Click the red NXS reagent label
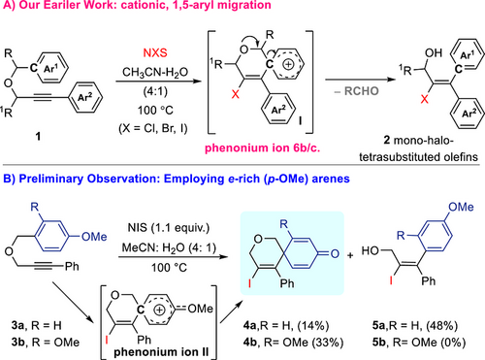click(x=155, y=52)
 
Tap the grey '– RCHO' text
click(x=357, y=91)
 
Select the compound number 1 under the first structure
click(x=38, y=137)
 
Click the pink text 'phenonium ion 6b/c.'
click(x=263, y=147)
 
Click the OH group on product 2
click(x=434, y=52)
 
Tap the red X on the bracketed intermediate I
click(x=236, y=94)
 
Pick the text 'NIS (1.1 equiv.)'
click(x=169, y=228)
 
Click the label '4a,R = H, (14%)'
click(x=286, y=325)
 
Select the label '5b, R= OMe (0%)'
click(x=419, y=343)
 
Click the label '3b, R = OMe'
click(x=46, y=343)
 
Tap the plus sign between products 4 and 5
click(x=350, y=255)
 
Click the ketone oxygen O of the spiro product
click(x=335, y=253)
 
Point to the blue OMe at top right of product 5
click(x=461, y=207)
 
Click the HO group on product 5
click(x=370, y=250)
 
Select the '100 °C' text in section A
click(x=155, y=111)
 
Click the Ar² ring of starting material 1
click(x=84, y=97)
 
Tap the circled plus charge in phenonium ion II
click(x=159, y=310)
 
